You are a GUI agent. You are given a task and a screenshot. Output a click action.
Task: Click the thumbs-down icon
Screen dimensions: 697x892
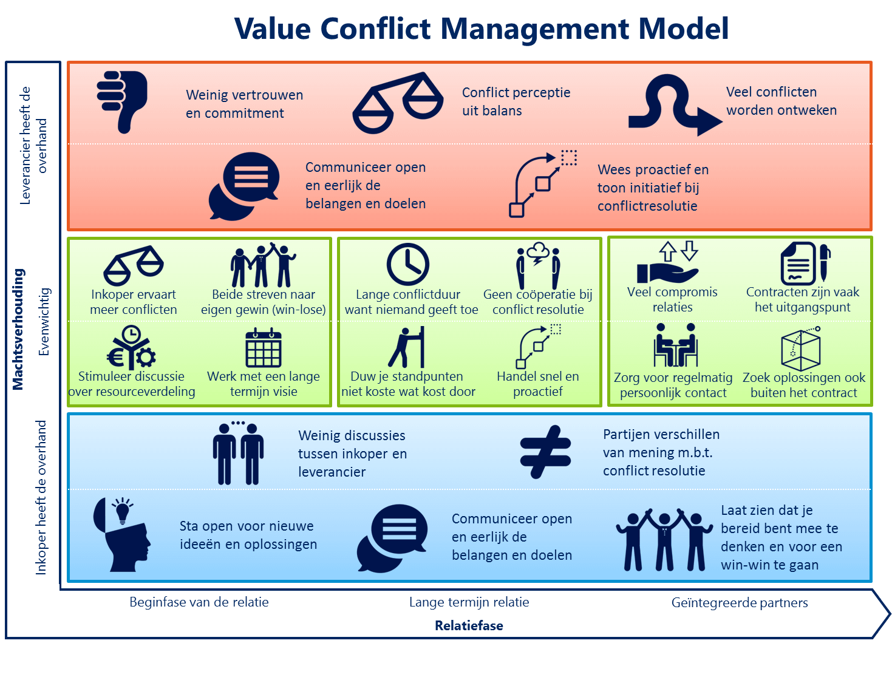(123, 100)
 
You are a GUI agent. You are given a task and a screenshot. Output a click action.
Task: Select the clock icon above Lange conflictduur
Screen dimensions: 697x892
(408, 265)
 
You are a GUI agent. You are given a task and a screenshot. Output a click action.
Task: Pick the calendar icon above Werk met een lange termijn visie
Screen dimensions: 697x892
(264, 348)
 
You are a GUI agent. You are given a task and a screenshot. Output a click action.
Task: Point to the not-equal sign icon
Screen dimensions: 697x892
(545, 452)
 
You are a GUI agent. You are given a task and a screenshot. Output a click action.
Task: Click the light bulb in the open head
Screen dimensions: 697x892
(123, 510)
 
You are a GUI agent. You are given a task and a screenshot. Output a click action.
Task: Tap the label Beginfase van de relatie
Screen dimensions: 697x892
(199, 602)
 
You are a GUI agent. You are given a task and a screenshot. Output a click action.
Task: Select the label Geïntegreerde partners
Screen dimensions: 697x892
(740, 603)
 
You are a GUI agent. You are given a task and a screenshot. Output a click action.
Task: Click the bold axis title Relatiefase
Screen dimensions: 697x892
(469, 626)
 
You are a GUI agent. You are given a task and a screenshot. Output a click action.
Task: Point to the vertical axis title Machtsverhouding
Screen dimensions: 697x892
(18, 329)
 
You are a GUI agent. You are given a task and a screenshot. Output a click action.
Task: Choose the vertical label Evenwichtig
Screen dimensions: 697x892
(44, 322)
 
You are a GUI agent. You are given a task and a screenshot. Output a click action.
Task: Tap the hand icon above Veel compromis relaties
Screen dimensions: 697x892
(668, 272)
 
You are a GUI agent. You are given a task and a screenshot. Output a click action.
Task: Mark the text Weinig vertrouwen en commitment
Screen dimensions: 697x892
(244, 104)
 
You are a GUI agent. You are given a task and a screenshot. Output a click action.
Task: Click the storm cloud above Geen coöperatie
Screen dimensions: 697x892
(538, 253)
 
